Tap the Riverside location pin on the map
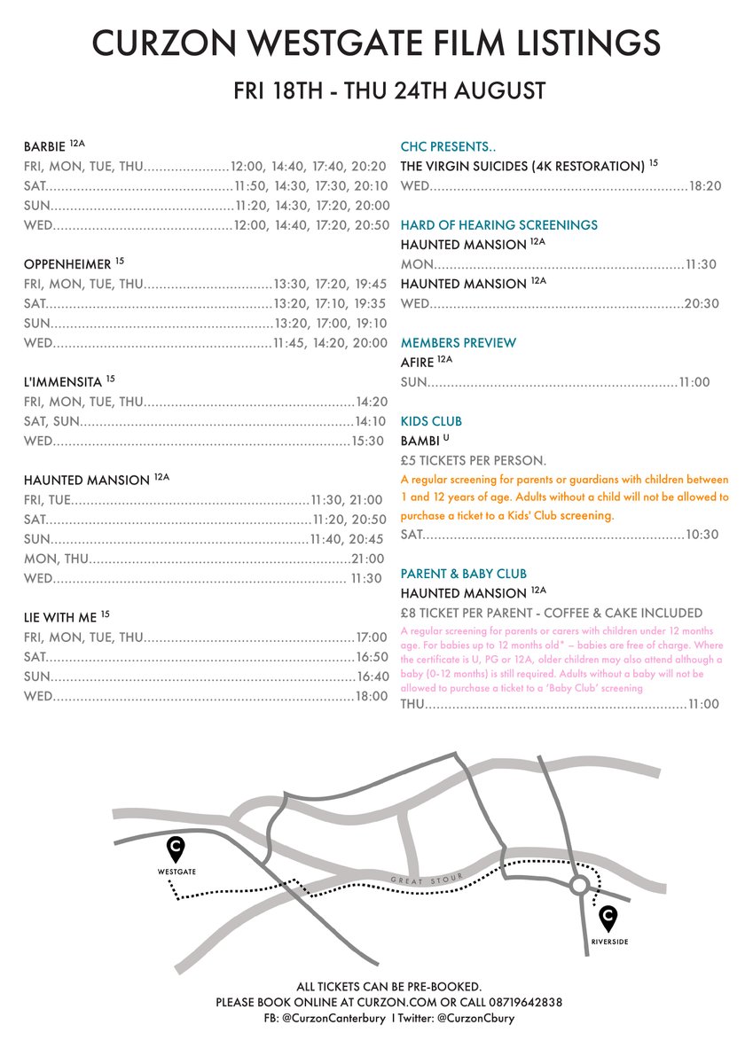click(x=608, y=917)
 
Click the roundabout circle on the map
click(x=579, y=884)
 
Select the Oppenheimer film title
click(x=68, y=263)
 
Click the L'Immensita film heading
click(x=63, y=381)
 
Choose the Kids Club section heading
click(x=431, y=421)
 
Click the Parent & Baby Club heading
click(x=463, y=574)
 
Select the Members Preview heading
click(x=458, y=343)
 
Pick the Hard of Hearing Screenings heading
click(x=498, y=225)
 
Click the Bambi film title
click(x=421, y=441)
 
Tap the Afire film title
click(x=418, y=363)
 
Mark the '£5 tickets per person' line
click(x=473, y=460)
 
